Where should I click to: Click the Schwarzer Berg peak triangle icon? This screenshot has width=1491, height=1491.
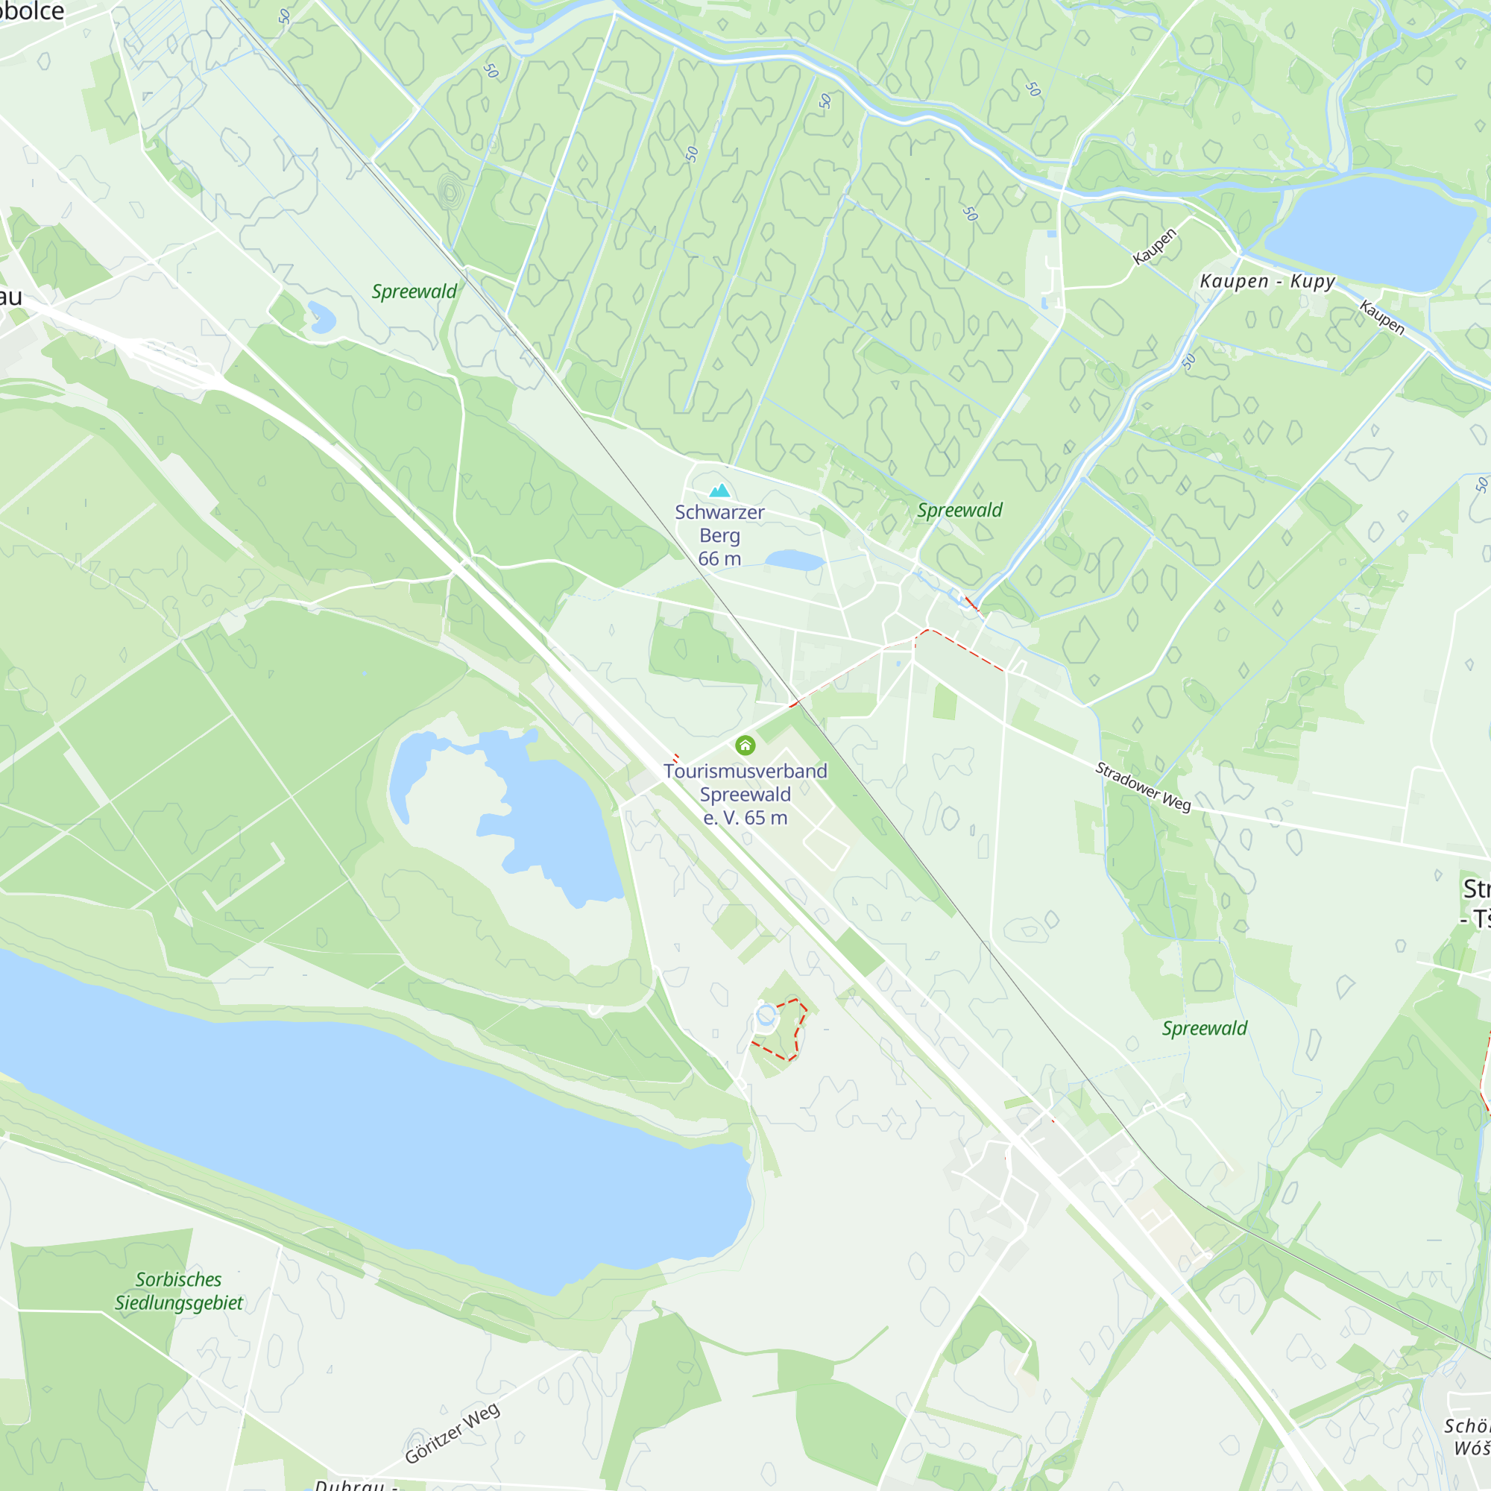point(719,491)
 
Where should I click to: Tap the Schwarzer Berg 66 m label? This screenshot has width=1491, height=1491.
point(719,535)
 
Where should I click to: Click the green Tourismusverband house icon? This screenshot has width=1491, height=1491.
point(745,745)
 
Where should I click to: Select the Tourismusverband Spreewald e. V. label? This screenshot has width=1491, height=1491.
point(745,794)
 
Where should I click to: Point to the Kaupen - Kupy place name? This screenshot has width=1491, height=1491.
point(1267,281)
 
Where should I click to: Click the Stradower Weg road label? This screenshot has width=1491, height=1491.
point(1143,787)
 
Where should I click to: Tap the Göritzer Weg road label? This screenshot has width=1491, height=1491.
point(453,1433)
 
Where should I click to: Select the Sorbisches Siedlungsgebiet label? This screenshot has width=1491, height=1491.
point(178,1291)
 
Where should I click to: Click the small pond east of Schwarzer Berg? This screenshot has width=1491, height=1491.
point(795,561)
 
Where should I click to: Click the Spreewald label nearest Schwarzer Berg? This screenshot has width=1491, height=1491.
point(959,510)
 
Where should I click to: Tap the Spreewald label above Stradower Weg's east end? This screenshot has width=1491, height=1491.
point(1204,1028)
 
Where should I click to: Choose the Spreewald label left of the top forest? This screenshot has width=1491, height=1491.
point(414,291)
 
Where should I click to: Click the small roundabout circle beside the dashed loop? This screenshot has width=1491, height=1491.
point(766,1015)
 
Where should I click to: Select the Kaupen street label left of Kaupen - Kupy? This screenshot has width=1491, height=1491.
point(1155,247)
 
